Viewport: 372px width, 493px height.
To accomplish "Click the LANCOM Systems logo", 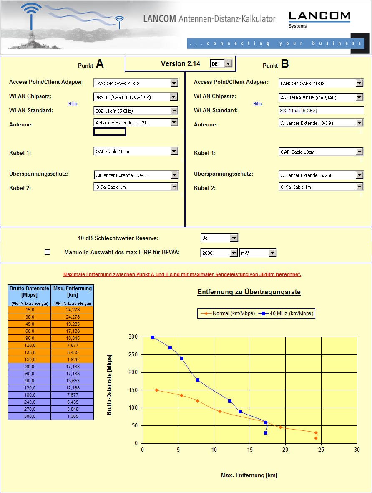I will pyautogui.click(x=319, y=19).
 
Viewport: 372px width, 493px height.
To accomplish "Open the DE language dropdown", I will pyautogui.click(x=228, y=63).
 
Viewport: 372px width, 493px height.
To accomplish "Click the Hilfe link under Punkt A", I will pyautogui.click(x=73, y=104).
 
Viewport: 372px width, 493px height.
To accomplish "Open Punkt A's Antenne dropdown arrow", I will pyautogui.click(x=174, y=122).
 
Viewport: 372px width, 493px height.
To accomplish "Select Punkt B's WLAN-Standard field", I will pyautogui.click(x=321, y=111).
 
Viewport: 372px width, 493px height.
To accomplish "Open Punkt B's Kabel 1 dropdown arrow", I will pyautogui.click(x=359, y=152).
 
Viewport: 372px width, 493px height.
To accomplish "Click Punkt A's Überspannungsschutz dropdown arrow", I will pyautogui.click(x=174, y=175).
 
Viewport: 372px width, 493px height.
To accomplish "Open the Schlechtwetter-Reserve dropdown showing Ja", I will pyautogui.click(x=234, y=238).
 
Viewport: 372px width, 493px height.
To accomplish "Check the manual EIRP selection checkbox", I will pyautogui.click(x=47, y=252).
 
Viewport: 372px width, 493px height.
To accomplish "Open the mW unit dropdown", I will pyautogui.click(x=272, y=253).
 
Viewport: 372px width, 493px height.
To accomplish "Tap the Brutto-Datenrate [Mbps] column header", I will pyautogui.click(x=29, y=291).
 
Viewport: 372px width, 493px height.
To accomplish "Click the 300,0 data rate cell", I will pyautogui.click(x=29, y=416).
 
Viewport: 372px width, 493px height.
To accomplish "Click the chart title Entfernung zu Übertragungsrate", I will pyautogui.click(x=249, y=292).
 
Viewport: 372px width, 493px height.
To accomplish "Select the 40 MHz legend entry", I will pyautogui.click(x=286, y=313).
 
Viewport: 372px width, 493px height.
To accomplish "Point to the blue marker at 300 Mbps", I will pyautogui.click(x=153, y=337).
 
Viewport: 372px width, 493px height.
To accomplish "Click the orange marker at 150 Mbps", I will pyautogui.click(x=156, y=390).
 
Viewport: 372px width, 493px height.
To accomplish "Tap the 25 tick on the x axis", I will pyautogui.click(x=321, y=450).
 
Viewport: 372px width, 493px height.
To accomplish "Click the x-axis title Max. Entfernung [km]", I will pyautogui.click(x=249, y=475).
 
